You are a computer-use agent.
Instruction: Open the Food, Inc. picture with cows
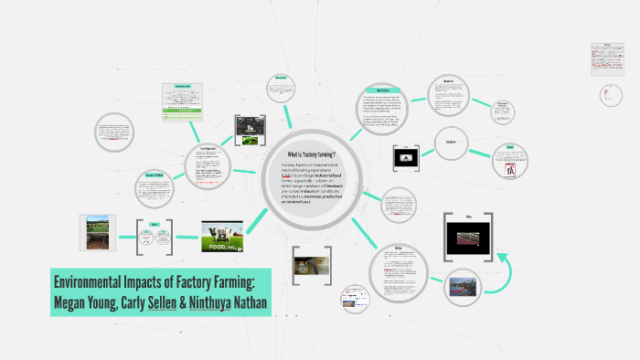point(222,236)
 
